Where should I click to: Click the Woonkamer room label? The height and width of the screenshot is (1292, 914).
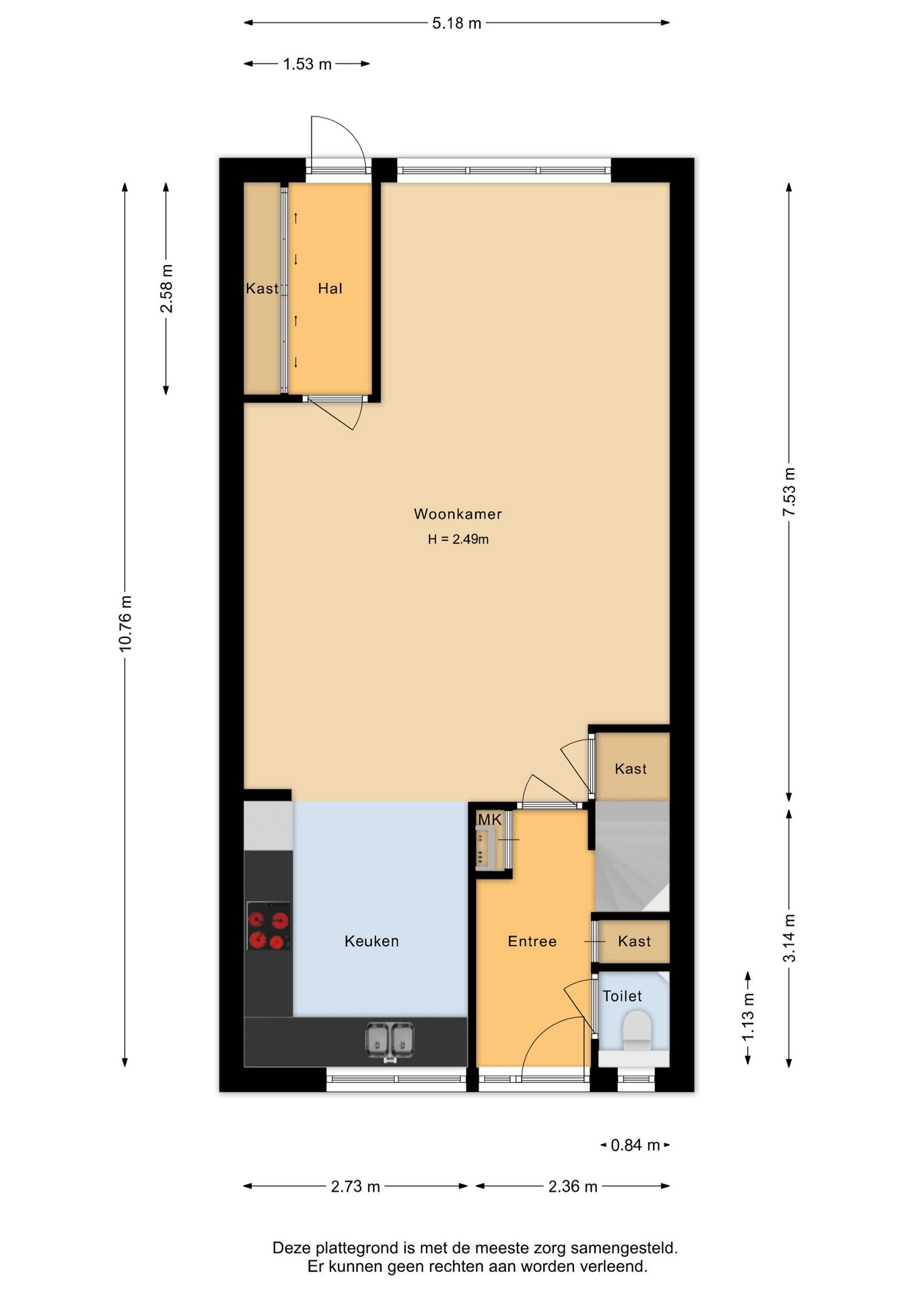point(458,514)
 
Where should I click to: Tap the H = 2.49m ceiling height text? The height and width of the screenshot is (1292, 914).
point(458,539)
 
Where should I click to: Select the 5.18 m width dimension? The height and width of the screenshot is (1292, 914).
point(456,24)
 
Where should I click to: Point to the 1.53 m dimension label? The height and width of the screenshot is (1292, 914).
point(307,65)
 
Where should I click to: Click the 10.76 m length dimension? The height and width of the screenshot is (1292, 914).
point(126,623)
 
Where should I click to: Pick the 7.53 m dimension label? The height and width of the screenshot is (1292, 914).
point(789,492)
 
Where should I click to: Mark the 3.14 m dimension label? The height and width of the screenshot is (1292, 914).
point(789,938)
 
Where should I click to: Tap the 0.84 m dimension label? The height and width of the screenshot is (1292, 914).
point(635,1145)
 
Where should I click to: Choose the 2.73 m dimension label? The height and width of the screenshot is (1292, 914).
point(355,1186)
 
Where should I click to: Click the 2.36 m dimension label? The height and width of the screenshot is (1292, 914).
point(573,1186)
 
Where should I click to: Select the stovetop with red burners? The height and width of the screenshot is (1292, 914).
point(269,926)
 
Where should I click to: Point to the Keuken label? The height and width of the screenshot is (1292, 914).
point(372,941)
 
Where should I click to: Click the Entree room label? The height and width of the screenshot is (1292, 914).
point(532,941)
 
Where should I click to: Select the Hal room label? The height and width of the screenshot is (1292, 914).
point(330,289)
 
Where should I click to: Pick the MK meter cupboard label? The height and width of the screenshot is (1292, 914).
point(489,820)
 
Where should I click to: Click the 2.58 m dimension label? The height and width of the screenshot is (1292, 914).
point(166,288)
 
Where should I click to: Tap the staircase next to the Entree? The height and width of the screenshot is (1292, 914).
point(632,856)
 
